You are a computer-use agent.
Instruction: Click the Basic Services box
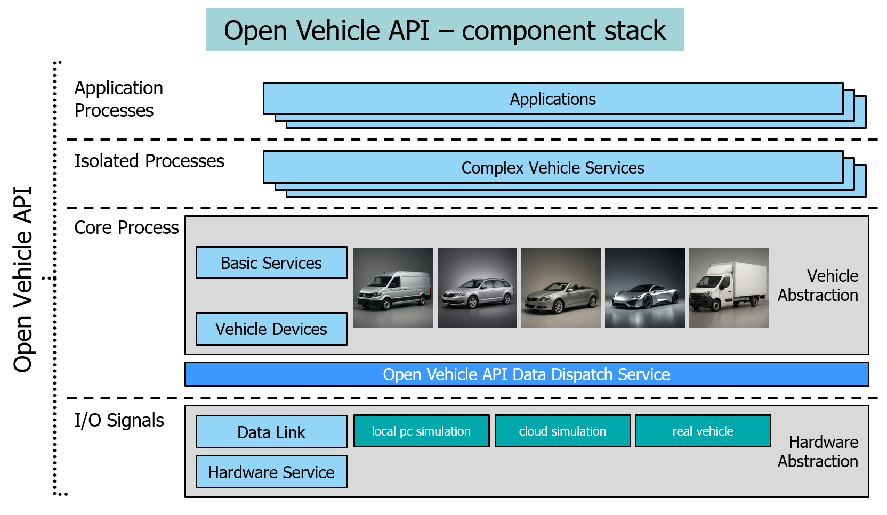(271, 263)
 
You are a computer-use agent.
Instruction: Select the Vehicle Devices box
(271, 329)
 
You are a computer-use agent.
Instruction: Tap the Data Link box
(271, 432)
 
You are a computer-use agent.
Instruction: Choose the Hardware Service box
(271, 472)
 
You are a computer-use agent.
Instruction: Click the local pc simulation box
(421, 431)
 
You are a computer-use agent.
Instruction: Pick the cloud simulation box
(562, 431)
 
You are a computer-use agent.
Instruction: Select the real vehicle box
(703, 431)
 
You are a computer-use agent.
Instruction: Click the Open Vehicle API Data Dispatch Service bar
(526, 374)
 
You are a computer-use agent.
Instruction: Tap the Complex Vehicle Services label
(553, 168)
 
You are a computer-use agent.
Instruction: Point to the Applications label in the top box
(553, 99)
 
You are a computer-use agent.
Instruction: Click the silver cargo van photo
(393, 288)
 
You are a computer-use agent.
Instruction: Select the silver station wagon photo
(477, 288)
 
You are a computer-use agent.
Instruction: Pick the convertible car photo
(561, 288)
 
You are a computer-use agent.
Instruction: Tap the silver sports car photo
(645, 288)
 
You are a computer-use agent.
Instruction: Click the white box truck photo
(729, 288)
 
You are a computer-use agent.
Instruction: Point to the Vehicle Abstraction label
(818, 285)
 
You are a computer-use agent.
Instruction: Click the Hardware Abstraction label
(818, 452)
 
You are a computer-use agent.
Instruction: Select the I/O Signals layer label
(119, 420)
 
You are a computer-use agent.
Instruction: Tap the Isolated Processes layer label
(149, 161)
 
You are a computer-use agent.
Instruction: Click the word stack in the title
(635, 30)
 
